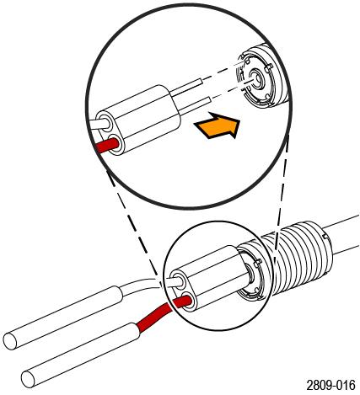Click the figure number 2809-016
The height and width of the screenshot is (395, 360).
[x=330, y=385]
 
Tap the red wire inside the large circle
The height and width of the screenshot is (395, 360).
[x=105, y=146]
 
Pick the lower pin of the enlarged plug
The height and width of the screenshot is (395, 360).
[x=195, y=104]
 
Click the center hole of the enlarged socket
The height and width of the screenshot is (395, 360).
[x=256, y=78]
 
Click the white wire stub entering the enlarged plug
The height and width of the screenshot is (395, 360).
[x=99, y=124]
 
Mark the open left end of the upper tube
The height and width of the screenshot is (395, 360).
[x=10, y=341]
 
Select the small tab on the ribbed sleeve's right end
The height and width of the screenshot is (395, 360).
[x=326, y=237]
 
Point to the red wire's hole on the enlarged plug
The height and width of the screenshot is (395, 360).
[x=116, y=146]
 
